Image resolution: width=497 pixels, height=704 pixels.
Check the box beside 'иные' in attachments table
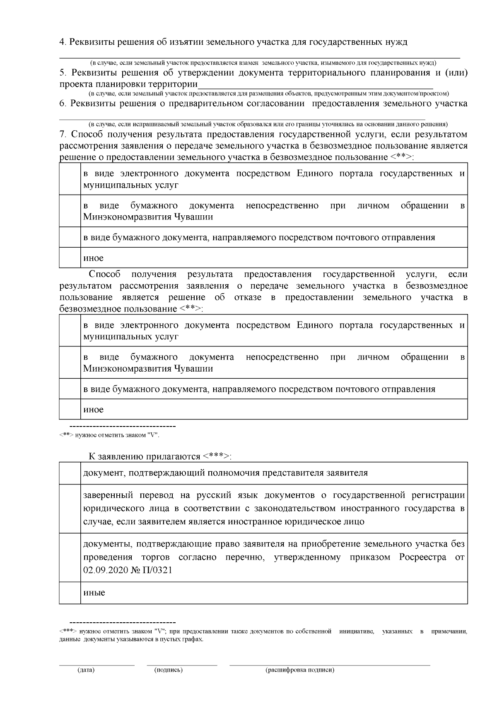pyautogui.click(x=70, y=593)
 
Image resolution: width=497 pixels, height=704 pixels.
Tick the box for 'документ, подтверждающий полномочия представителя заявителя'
pyautogui.click(x=70, y=473)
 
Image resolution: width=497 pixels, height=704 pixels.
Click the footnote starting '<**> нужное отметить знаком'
pyautogui.click(x=109, y=435)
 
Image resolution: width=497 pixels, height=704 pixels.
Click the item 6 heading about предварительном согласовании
pyautogui.click(x=263, y=104)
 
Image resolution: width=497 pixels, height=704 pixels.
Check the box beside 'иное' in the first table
pyautogui.click(x=70, y=258)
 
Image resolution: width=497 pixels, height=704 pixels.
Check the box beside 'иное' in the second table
pyautogui.click(x=70, y=409)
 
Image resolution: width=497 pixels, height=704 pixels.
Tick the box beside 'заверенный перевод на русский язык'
pyautogui.click(x=70, y=509)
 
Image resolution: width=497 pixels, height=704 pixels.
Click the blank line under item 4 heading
pyautogui.click(x=259, y=56)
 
